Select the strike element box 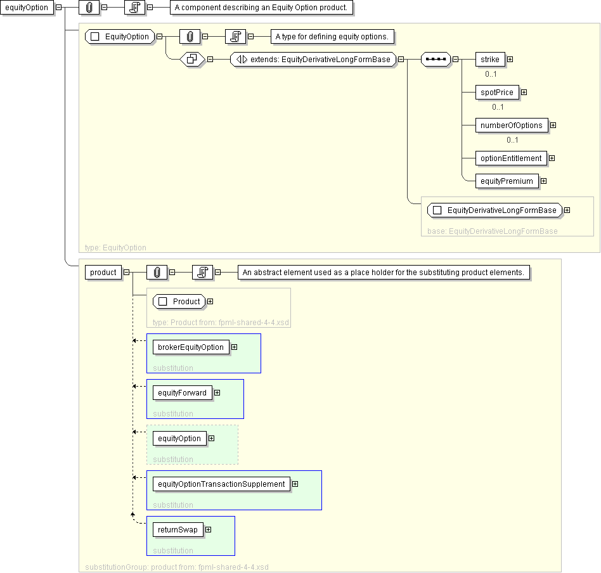click(489, 60)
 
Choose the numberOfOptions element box click(511, 126)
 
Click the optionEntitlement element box click(511, 158)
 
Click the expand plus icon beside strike click(510, 60)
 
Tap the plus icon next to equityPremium click(543, 181)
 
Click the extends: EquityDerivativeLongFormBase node click(313, 60)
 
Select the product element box click(103, 273)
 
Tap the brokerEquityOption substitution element click(191, 347)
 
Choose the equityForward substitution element click(182, 393)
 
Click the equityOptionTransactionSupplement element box click(221, 484)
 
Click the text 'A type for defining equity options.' click(332, 37)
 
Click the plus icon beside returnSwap click(208, 530)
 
